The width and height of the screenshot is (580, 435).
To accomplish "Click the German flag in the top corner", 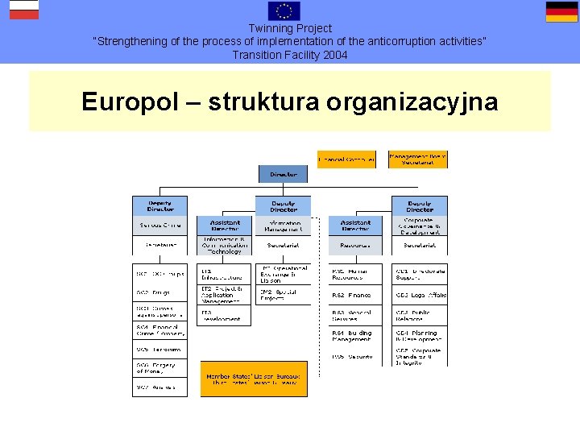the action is click(x=561, y=11).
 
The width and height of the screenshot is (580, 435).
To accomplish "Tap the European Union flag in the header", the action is click(x=284, y=10).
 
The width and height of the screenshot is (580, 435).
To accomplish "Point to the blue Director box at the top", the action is click(x=283, y=174).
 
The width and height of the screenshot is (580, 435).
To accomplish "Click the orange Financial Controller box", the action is click(x=346, y=159).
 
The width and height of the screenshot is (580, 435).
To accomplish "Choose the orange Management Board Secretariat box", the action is click(x=417, y=159).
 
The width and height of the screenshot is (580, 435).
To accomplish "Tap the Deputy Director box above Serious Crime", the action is click(x=159, y=205).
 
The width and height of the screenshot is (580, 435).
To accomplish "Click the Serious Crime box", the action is click(x=159, y=226).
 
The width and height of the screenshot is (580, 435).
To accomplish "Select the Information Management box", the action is click(x=283, y=226).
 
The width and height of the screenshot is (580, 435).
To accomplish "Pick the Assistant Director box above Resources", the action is click(x=355, y=226).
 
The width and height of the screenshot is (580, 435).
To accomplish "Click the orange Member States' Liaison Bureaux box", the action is click(x=254, y=379).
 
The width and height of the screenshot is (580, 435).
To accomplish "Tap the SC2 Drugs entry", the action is click(x=159, y=293).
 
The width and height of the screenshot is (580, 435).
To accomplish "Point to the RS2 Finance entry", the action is click(x=355, y=295).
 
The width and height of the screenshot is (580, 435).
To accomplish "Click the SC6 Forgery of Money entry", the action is click(x=159, y=367).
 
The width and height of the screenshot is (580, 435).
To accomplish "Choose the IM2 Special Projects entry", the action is click(x=283, y=295).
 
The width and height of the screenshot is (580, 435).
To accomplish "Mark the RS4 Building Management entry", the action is click(x=355, y=335).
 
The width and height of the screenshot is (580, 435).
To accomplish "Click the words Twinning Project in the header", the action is click(x=290, y=28).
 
